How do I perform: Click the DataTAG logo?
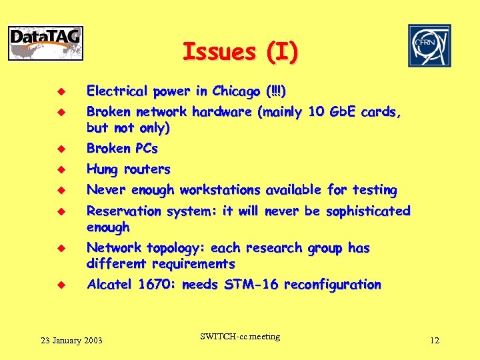46,43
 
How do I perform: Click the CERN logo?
429,45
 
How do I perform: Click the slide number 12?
435,341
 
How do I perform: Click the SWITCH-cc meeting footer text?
239,337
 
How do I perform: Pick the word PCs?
143,148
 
